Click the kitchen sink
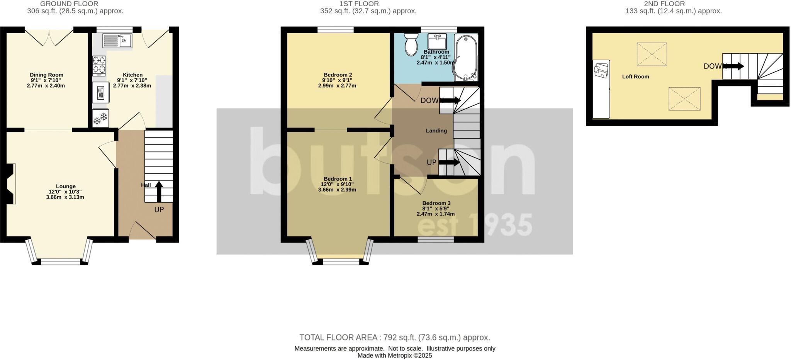click(x=117, y=40)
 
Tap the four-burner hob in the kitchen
click(x=99, y=65)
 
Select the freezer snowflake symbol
click(x=100, y=118)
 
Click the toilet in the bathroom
click(x=411, y=44)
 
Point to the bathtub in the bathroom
click(x=466, y=58)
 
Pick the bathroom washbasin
click(x=437, y=41)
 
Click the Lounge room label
click(x=66, y=186)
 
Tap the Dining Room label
click(x=46, y=75)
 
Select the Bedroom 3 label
click(x=436, y=203)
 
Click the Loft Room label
click(x=635, y=76)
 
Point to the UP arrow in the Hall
click(x=159, y=191)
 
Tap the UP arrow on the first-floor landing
click(x=450, y=162)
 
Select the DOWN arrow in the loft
click(x=733, y=66)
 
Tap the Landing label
click(x=436, y=131)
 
